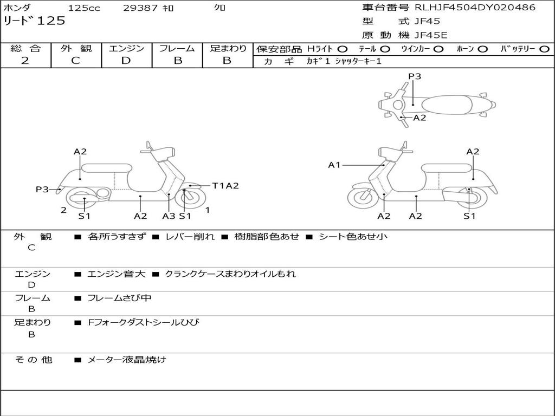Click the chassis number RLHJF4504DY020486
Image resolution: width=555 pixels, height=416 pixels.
point(475,8)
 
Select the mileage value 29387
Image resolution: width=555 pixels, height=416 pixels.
point(141,8)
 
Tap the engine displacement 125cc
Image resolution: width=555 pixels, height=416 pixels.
point(83,8)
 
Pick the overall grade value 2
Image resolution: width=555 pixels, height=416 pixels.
point(25,61)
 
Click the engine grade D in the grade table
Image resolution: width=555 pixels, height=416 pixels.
point(126,61)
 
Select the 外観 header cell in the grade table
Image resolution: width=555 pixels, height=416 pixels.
point(76,48)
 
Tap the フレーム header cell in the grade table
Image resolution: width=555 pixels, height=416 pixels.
point(177,48)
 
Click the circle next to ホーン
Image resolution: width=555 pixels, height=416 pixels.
point(483,49)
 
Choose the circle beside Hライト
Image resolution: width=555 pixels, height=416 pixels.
point(343,49)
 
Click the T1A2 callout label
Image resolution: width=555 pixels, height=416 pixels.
point(225,186)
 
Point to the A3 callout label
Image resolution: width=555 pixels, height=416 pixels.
point(169,216)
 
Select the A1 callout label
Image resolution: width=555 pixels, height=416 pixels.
point(334,165)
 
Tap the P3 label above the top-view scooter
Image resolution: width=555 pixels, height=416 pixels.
point(415,76)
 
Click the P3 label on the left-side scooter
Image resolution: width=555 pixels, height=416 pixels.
point(42,189)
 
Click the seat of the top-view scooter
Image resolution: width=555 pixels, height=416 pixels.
point(444,104)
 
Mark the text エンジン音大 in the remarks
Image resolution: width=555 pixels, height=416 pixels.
point(116,274)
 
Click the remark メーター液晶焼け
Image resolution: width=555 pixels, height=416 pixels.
point(127,360)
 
